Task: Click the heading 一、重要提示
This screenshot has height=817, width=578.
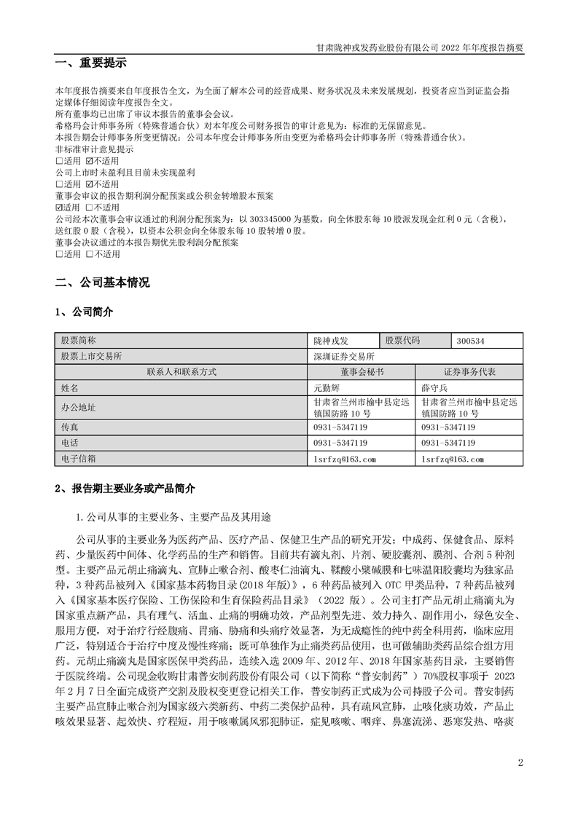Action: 91,64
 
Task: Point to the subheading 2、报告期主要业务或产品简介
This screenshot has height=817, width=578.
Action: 125,489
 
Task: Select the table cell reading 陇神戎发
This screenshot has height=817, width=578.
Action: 332,340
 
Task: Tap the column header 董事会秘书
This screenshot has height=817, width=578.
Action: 362,371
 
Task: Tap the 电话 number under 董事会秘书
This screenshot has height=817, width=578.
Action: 340,443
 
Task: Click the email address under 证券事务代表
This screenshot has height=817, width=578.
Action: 453,459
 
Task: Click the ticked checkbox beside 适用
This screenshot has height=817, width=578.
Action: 59,208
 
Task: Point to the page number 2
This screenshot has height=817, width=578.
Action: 520,762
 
